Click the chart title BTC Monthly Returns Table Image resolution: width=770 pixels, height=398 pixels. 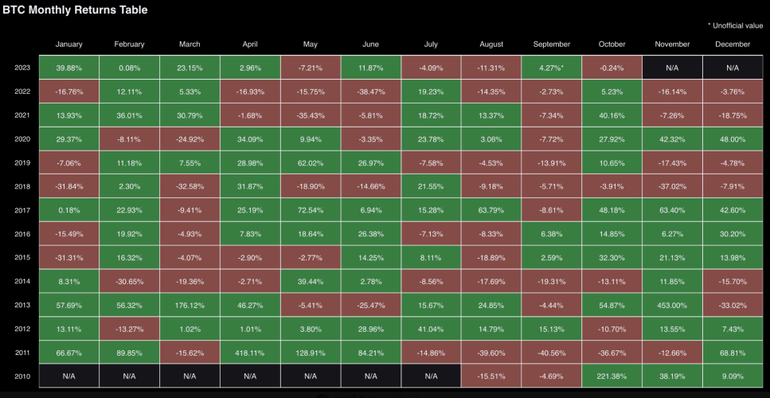75,10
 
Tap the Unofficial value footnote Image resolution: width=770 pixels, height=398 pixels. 735,25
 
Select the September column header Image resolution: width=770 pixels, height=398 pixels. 552,44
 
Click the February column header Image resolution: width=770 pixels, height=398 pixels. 129,44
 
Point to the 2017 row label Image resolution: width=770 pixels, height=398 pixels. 22,210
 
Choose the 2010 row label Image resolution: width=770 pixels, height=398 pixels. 22,377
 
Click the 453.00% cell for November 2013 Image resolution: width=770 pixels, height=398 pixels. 672,305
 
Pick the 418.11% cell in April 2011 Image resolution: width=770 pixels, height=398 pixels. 250,353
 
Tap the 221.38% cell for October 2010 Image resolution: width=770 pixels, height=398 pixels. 612,377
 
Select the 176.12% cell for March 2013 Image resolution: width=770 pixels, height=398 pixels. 190,305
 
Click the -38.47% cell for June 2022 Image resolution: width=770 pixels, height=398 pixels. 371,92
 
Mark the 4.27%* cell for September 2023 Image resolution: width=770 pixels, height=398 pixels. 552,68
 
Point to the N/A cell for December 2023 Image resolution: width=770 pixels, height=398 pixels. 733,68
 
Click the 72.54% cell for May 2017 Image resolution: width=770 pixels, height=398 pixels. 311,210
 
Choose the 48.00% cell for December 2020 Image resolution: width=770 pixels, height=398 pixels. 733,139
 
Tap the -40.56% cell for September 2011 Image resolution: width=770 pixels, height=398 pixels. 552,353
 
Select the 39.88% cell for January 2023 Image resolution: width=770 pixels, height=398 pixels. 68,68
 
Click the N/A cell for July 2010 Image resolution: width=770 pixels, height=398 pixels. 431,377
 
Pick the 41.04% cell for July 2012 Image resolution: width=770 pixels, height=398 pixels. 431,329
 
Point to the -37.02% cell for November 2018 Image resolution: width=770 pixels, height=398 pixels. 672,186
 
